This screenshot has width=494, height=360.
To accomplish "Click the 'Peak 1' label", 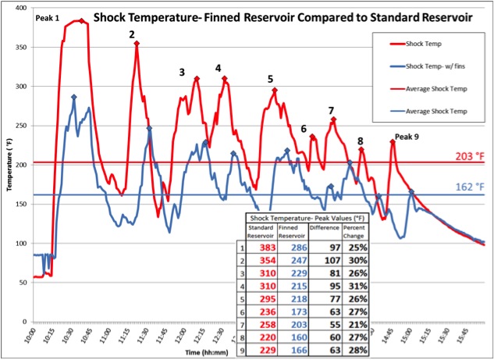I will click(47, 16).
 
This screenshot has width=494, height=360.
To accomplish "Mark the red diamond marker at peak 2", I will click(137, 44).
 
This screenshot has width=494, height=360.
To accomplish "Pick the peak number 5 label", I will click(270, 79).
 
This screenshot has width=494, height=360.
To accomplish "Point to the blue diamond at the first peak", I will click(74, 98).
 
